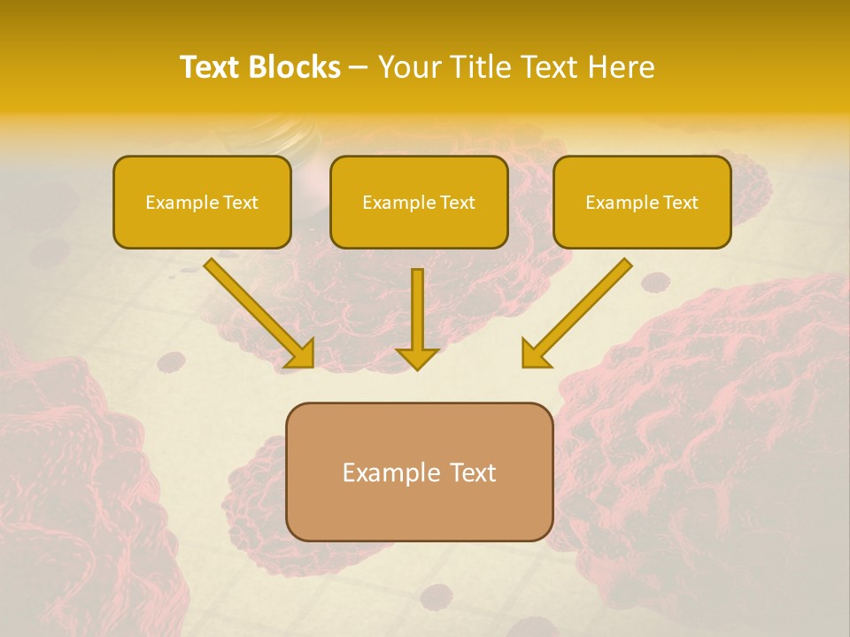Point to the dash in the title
click(359, 68)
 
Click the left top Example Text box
click(202, 202)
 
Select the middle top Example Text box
click(419, 202)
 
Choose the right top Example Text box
click(642, 202)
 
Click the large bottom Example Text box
click(419, 472)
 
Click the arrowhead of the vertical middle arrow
click(417, 358)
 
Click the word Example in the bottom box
click(387, 472)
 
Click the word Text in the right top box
click(680, 203)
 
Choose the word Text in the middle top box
click(457, 203)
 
